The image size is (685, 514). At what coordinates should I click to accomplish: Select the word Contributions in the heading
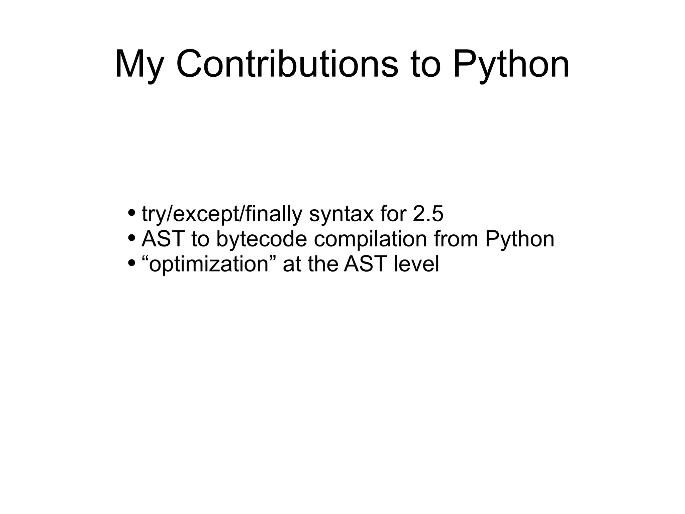click(x=287, y=64)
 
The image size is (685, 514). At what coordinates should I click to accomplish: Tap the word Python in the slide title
click(x=511, y=64)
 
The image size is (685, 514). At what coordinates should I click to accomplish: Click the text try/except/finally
click(x=222, y=214)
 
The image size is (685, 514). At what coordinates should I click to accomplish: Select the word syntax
click(x=341, y=214)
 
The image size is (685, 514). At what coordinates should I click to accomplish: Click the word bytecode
click(x=262, y=239)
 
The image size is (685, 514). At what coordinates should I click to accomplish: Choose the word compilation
click(x=370, y=239)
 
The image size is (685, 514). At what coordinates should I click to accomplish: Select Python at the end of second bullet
click(x=520, y=239)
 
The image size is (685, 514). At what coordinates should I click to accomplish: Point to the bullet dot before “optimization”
click(x=132, y=263)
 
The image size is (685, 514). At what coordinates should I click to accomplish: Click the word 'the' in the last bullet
click(x=322, y=264)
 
